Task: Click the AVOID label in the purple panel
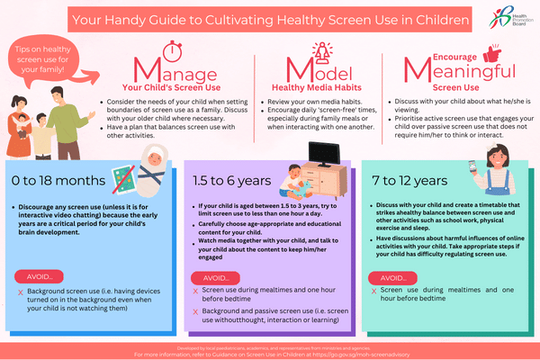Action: [216, 278]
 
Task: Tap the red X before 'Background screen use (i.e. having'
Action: [21, 293]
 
